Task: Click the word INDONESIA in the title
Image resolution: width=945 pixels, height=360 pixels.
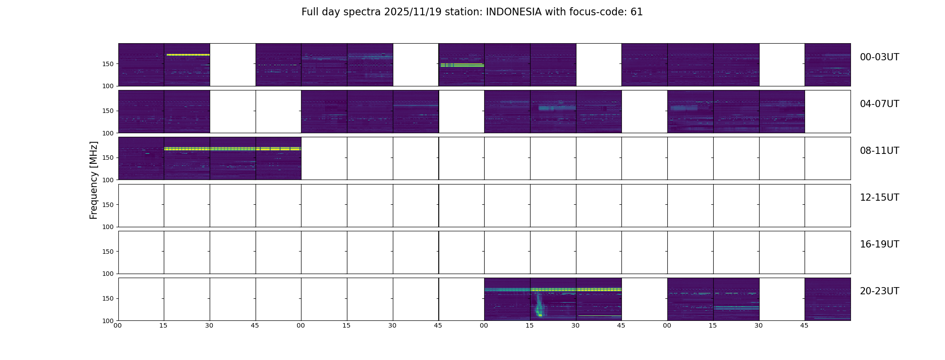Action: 513,12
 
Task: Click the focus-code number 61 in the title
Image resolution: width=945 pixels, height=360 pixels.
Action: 636,12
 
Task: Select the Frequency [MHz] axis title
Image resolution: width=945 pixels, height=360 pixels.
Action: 94,180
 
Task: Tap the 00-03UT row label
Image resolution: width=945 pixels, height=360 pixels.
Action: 879,57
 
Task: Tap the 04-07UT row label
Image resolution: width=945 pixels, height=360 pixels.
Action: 879,104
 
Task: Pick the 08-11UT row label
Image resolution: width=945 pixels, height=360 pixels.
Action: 879,151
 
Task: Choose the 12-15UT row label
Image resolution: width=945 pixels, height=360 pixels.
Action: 879,198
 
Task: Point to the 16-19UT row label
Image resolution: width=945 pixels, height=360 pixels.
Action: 879,244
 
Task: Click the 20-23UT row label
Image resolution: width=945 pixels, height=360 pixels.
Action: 879,291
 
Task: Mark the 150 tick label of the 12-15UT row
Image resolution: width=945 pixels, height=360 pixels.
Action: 108,205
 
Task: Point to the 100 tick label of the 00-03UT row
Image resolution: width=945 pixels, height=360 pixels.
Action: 108,86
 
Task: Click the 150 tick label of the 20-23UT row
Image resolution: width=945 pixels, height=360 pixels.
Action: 108,298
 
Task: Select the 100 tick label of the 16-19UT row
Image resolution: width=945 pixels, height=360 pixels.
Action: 108,274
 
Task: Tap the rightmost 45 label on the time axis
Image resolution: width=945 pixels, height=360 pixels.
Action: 804,325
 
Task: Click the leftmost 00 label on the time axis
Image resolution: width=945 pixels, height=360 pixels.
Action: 117,325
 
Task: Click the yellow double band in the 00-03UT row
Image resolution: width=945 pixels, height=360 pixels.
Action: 461,65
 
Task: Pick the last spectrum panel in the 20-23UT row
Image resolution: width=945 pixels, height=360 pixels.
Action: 827,299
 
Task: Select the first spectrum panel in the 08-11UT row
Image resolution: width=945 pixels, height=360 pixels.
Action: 141,158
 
